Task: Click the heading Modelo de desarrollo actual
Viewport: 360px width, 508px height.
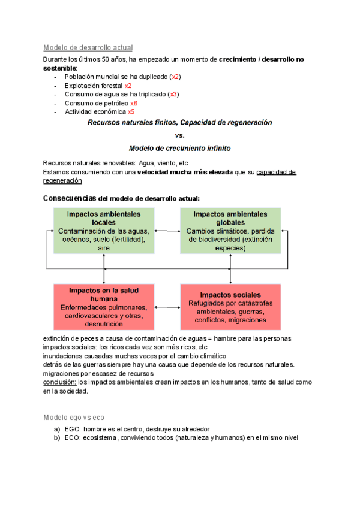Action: point(88,47)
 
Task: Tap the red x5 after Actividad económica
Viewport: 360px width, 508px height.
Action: point(131,111)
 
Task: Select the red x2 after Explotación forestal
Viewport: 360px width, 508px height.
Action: point(128,86)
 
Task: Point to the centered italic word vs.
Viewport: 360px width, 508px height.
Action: point(180,135)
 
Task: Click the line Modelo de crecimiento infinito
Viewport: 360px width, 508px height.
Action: point(180,147)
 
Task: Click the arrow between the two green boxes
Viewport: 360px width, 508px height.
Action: point(167,231)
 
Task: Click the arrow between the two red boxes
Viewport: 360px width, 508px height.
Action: point(167,307)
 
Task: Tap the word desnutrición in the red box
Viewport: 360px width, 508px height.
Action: point(104,324)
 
